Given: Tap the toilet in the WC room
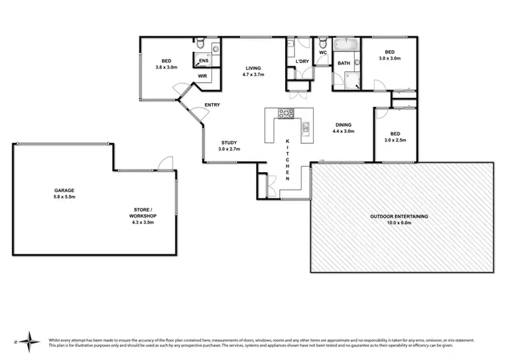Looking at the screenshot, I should pos(322,43).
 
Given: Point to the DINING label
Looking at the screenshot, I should pos(344,125).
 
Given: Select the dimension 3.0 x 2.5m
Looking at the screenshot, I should pos(393,140).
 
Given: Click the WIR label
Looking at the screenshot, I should pos(202,76).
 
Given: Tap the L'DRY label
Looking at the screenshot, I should pos(302,62).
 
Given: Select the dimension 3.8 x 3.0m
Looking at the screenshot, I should pos(166,66).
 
